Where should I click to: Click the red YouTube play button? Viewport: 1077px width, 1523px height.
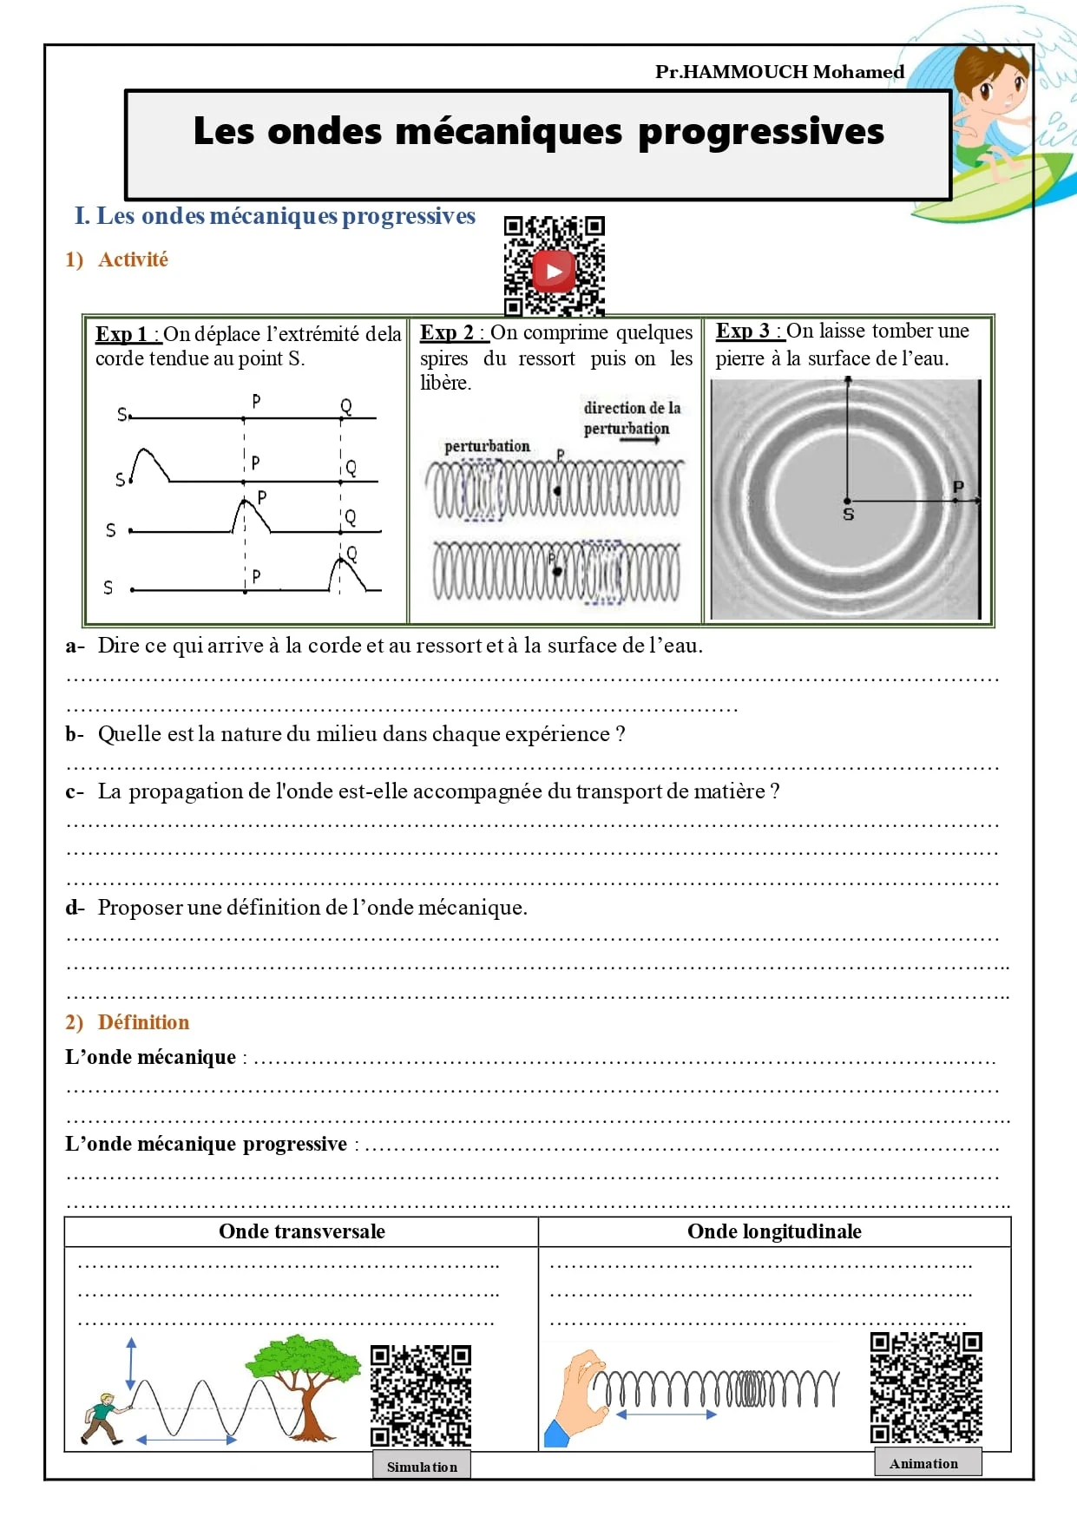554,271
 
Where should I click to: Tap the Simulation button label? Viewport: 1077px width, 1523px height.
422,1467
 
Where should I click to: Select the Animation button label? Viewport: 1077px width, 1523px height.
924,1463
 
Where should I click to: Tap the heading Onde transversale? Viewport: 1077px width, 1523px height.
301,1231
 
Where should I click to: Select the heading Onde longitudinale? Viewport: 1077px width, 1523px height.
774,1231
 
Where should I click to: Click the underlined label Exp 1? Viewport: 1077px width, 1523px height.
122,334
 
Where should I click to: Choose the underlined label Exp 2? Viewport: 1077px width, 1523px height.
447,332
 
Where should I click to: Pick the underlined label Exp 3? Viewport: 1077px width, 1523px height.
743,331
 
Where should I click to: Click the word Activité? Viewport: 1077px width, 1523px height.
133,259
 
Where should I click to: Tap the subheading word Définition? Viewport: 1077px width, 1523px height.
143,1022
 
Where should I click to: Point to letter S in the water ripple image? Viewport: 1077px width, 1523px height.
849,515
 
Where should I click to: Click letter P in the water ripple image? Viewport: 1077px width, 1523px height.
958,486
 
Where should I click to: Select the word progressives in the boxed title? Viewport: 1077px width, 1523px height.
761,132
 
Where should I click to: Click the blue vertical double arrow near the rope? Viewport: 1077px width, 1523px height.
131,1363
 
